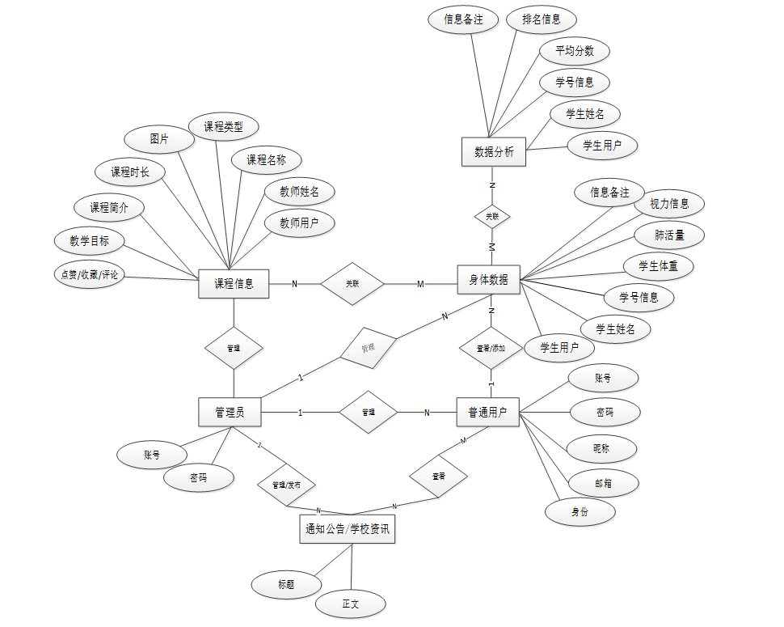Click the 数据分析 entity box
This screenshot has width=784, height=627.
[x=494, y=151]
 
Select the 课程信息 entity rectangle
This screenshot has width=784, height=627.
[x=234, y=283]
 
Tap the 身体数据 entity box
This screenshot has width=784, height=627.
[x=489, y=280]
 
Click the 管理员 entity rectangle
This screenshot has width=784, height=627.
[x=230, y=412]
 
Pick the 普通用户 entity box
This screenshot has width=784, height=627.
[x=487, y=412]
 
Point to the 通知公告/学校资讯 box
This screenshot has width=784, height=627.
[x=347, y=529]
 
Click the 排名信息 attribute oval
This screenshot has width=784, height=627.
[x=541, y=19]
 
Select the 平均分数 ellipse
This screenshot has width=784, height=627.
[x=575, y=51]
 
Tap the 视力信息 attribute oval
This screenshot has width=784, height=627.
[x=669, y=204]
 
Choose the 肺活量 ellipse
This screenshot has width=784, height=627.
[x=668, y=235]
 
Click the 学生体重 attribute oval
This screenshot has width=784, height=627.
[x=659, y=266]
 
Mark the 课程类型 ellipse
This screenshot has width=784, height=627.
[x=223, y=127]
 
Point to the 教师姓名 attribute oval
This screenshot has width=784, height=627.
[x=300, y=192]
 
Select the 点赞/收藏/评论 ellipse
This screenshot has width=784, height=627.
[x=90, y=275]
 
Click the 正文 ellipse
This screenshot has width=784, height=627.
[x=351, y=604]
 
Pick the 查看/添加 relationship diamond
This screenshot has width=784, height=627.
[x=491, y=349]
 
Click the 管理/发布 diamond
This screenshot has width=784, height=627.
[x=287, y=485]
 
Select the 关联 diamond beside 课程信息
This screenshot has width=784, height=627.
[x=352, y=284]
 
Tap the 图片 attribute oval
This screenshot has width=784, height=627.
[x=160, y=139]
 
